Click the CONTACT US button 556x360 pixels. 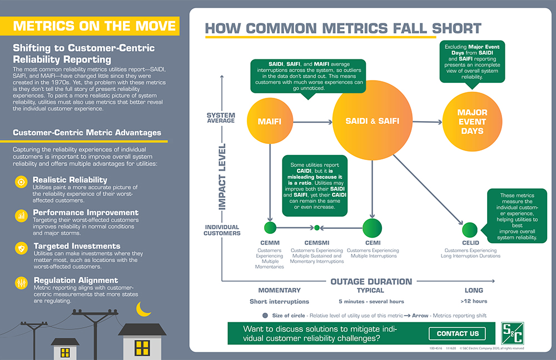457,333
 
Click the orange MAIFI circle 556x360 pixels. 270,121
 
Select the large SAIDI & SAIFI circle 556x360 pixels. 372,121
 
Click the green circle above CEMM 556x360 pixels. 270,228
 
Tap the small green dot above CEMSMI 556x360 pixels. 317,228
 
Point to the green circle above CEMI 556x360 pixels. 372,228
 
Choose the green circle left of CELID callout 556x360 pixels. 470,229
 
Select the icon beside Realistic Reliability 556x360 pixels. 21,182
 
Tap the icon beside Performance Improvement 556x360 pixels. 21,215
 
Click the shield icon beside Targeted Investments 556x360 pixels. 21,248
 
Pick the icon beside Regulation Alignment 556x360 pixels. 21,283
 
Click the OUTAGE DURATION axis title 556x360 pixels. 371,281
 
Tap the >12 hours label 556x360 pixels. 474,302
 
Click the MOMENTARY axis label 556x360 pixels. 279,291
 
